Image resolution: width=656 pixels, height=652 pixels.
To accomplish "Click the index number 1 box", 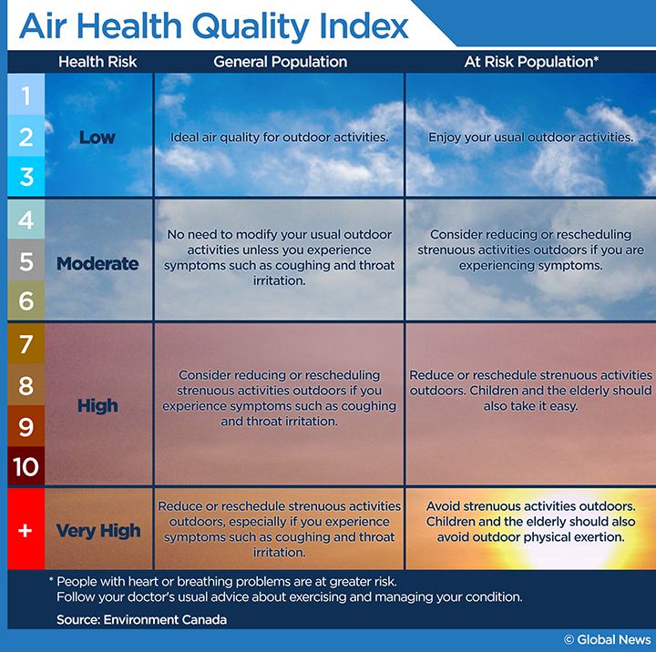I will pos(26,96).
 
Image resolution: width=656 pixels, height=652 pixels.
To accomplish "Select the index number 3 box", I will pos(26,176).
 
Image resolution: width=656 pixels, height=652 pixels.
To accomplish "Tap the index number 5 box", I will pos(26,261).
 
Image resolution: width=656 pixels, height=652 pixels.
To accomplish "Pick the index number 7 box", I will pos(26,344).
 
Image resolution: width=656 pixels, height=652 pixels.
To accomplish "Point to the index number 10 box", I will pos(26,466).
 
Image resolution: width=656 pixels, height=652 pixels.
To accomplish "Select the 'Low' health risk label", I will pos(97,138).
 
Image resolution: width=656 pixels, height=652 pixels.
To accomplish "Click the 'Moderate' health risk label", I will pos(97,264).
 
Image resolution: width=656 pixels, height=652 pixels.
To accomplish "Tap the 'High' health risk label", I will pos(97,406).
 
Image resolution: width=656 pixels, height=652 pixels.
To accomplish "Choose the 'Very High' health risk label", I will pos(97,531).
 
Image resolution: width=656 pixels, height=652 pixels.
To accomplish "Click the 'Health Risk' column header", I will pos(97,62).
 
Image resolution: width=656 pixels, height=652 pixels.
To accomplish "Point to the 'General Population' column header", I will pos(280,62).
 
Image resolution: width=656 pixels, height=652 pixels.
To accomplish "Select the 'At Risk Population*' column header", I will pos(530,62).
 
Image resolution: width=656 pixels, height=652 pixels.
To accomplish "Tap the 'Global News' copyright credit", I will pos(608,640).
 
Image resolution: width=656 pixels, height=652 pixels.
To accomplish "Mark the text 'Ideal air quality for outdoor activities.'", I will pos(280,138).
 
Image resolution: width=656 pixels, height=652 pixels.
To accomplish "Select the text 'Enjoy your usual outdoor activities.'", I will pos(530,138).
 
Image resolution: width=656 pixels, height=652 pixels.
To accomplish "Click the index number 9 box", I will pos(26,426).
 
